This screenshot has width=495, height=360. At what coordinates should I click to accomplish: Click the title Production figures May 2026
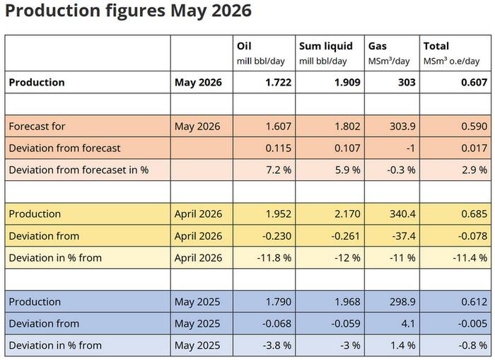(128, 11)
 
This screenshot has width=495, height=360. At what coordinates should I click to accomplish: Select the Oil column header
(244, 46)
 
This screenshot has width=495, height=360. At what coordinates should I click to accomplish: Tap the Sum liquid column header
(326, 46)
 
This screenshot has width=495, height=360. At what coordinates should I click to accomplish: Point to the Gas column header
(377, 46)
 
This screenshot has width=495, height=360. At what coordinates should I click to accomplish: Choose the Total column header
(436, 46)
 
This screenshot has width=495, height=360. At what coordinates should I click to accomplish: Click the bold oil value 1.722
(278, 83)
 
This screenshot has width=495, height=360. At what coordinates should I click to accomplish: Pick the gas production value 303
(407, 83)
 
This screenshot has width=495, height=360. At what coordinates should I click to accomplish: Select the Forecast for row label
(37, 127)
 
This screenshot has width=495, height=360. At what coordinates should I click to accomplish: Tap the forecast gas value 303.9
(402, 127)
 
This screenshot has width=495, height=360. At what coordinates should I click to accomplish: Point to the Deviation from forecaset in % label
(78, 170)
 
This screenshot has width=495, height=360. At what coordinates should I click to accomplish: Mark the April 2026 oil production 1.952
(278, 214)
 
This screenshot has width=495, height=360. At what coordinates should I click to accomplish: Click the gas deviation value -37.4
(404, 236)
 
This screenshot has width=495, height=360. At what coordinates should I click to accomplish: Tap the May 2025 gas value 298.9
(402, 301)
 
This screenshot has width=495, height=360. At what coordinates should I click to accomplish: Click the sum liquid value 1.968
(347, 301)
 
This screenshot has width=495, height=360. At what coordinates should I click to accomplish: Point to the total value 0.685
(474, 214)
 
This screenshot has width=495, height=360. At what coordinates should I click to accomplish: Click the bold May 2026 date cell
(198, 83)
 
